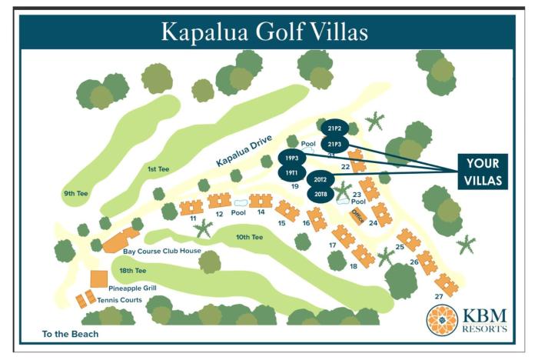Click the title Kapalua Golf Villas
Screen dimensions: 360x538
click(264, 32)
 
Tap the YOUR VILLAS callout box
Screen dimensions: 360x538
click(482, 172)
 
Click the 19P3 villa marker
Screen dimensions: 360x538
click(291, 158)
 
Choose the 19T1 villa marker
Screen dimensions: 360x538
click(291, 174)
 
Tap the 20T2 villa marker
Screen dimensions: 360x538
click(320, 179)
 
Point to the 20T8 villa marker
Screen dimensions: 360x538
click(320, 195)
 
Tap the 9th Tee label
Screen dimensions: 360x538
click(76, 194)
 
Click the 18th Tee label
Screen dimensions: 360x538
click(132, 271)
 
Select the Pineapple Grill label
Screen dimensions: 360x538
click(132, 288)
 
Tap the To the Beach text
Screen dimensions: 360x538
click(71, 335)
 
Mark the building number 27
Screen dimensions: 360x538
click(439, 296)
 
